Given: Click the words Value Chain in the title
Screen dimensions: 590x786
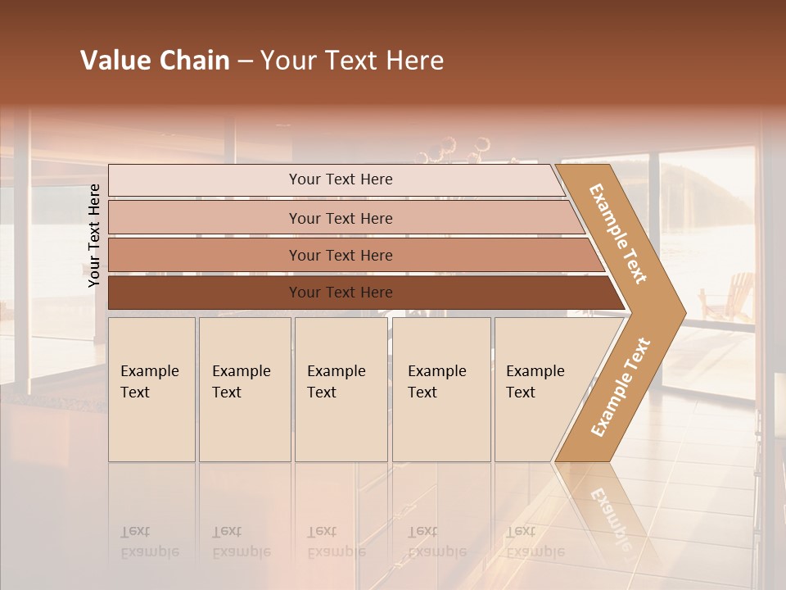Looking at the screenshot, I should [155, 61].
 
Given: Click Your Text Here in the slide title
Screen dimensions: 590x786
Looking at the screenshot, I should [352, 61].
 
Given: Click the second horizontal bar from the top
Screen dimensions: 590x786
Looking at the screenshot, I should [340, 218].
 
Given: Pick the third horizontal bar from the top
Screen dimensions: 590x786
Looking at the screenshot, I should [340, 255].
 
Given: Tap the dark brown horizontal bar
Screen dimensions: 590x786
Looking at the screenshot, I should [340, 293].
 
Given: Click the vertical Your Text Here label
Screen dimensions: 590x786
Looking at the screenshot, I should [94, 235].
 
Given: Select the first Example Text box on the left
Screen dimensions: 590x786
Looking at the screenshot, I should [151, 388].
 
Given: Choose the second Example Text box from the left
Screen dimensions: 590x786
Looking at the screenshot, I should [244, 388].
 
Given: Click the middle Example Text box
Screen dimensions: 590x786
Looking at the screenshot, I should [340, 388].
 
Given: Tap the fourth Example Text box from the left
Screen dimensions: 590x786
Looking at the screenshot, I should [440, 388].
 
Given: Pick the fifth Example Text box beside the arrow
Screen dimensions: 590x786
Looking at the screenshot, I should [536, 388].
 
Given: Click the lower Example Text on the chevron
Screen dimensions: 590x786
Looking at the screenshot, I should [621, 387].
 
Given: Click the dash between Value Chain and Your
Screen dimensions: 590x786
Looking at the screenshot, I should [245, 61].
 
